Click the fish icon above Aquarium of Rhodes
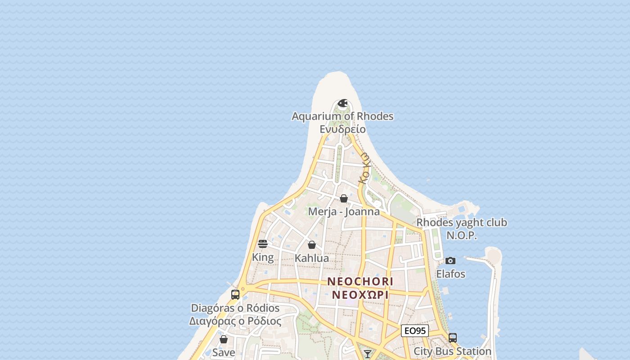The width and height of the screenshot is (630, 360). (342, 103)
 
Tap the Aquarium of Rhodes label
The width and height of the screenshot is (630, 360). (342, 116)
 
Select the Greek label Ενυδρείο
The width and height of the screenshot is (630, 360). (342, 130)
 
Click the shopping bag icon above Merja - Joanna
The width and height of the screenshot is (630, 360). (344, 198)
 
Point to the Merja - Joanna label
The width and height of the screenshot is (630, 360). (344, 211)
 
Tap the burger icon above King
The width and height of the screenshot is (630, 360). (263, 244)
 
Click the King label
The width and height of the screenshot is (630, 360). (263, 257)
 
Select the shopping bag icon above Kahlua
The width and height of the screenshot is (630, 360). (311, 245)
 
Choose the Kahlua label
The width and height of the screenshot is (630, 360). (311, 258)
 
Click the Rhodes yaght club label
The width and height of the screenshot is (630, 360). (461, 222)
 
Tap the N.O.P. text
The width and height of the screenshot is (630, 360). (461, 235)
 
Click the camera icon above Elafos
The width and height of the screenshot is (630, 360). (450, 261)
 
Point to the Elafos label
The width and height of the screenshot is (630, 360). (450, 274)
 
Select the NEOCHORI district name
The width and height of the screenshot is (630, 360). (360, 281)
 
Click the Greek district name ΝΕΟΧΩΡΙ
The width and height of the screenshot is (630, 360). (360, 295)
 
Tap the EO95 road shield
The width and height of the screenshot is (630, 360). (414, 331)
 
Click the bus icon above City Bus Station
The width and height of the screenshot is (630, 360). (453, 337)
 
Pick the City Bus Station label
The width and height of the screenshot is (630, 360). (452, 351)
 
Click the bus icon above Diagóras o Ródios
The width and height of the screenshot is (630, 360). (235, 295)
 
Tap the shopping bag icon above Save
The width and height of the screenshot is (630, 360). (224, 339)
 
